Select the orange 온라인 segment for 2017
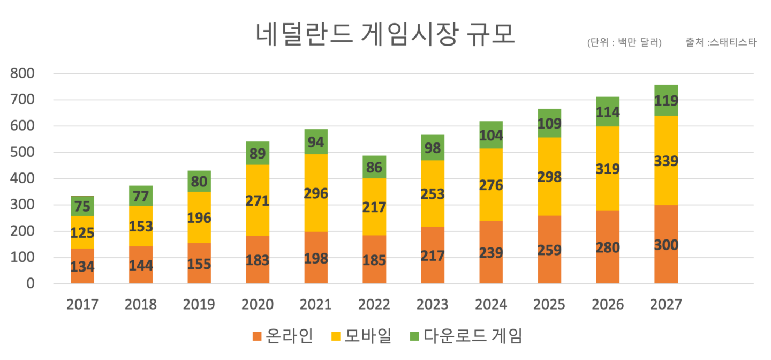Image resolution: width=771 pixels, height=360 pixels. pyautogui.click(x=82, y=266)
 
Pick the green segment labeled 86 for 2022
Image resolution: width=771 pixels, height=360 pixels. pyautogui.click(x=374, y=167)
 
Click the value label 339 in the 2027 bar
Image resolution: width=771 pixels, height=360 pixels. pyautogui.click(x=666, y=161)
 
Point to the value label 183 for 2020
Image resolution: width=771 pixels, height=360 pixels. pyautogui.click(x=258, y=261)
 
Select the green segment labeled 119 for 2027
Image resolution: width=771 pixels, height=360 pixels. pyautogui.click(x=666, y=100)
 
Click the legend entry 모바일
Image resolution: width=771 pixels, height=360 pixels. pyautogui.click(x=368, y=336)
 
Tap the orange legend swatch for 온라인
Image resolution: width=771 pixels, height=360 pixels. pyautogui.click(x=257, y=336)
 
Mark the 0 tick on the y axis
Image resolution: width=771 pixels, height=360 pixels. pyautogui.click(x=30, y=283)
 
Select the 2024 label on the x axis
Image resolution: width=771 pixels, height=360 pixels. pyautogui.click(x=491, y=305)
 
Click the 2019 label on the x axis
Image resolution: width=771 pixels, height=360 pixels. pyautogui.click(x=199, y=305)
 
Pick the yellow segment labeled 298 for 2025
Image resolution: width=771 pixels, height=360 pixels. pyautogui.click(x=549, y=177)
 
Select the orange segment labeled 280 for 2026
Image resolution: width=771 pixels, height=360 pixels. pyautogui.click(x=608, y=247)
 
